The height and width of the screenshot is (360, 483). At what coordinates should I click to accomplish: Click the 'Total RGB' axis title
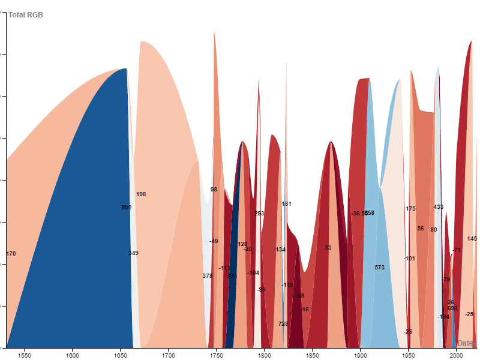tap(26, 14)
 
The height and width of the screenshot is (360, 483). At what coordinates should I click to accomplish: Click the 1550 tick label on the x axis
tap(25, 355)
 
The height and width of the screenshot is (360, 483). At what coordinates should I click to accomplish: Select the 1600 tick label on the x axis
tap(73, 355)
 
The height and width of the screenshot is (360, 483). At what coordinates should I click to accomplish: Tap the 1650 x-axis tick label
tap(120, 355)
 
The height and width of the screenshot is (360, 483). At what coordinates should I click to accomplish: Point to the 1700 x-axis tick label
tap(168, 355)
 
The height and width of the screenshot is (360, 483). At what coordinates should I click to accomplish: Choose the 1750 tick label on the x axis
tap(216, 355)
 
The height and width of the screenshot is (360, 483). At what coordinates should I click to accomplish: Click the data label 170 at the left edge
tap(11, 254)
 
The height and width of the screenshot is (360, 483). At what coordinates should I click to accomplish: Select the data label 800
tap(126, 208)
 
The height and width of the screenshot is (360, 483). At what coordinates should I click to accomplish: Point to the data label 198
tap(141, 194)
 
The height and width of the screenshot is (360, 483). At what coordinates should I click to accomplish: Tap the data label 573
tap(379, 268)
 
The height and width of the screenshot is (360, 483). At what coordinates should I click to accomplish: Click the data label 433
tap(439, 207)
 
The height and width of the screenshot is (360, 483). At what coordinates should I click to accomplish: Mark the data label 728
tap(283, 324)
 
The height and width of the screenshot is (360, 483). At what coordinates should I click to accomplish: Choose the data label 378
tap(208, 276)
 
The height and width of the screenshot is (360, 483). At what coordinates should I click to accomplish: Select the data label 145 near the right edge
tap(472, 239)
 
